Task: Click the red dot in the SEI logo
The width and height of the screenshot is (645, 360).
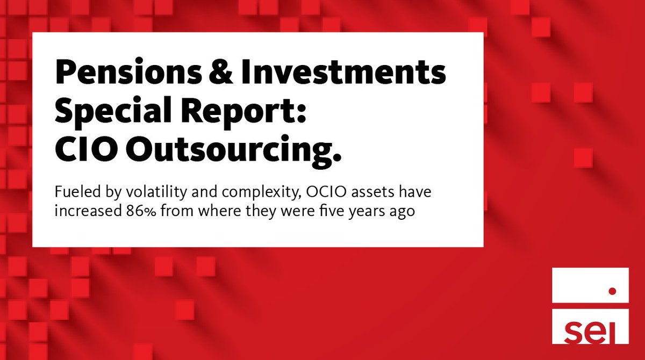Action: click(x=611, y=291)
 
